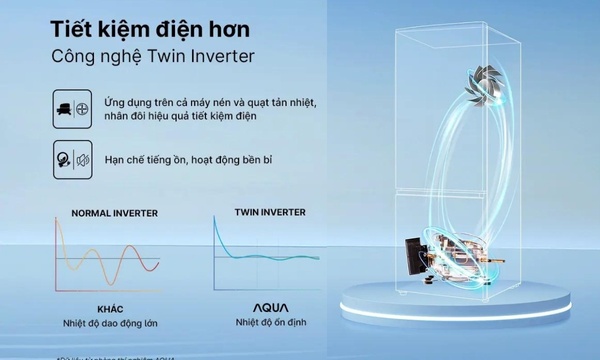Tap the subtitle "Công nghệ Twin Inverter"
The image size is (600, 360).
(x=152, y=56)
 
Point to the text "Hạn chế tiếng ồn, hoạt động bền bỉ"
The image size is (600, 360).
(x=202, y=159)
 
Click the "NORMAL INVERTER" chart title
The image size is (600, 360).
(x=114, y=213)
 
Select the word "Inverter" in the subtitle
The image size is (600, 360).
(x=219, y=56)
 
